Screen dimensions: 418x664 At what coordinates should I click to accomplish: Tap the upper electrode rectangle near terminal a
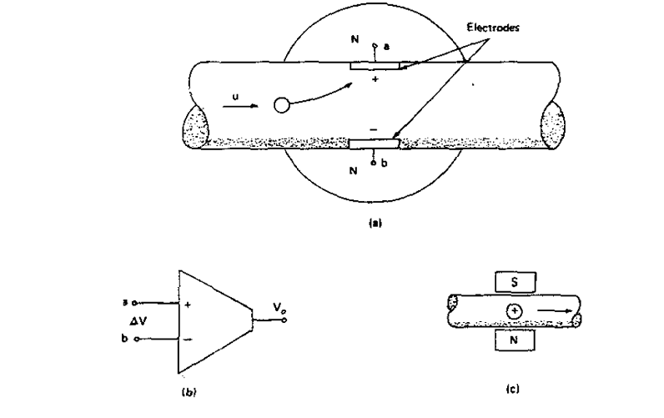375,64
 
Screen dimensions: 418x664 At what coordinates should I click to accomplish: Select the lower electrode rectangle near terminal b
374,144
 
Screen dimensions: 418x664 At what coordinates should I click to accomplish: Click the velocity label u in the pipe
234,96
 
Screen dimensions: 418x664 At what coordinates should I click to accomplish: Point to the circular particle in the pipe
282,105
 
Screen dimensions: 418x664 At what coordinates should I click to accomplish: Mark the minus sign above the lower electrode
372,130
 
